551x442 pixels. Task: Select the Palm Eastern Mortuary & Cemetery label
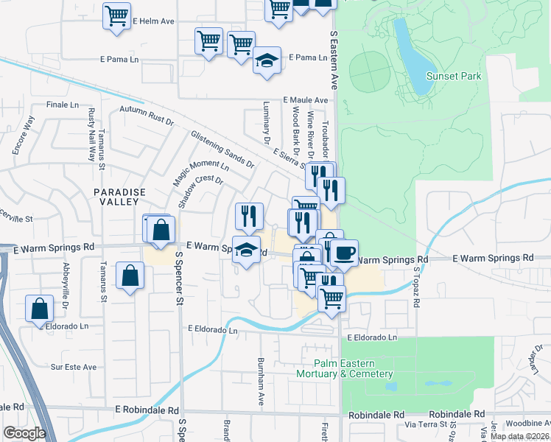coord(354,369)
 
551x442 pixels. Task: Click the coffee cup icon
coord(343,253)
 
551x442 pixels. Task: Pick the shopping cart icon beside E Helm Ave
coord(116,16)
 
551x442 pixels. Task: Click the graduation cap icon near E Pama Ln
coord(266,60)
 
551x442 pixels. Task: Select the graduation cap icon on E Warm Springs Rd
coord(247,249)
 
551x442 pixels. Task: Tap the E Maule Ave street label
coord(305,100)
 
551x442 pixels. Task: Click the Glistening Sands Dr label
coord(222,148)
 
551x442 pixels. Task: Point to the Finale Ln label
coord(63,105)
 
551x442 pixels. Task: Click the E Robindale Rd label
coord(147,410)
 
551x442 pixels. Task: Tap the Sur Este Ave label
coord(74,366)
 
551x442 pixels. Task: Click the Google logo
coord(24,433)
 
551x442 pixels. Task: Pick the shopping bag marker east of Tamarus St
coord(130,276)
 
